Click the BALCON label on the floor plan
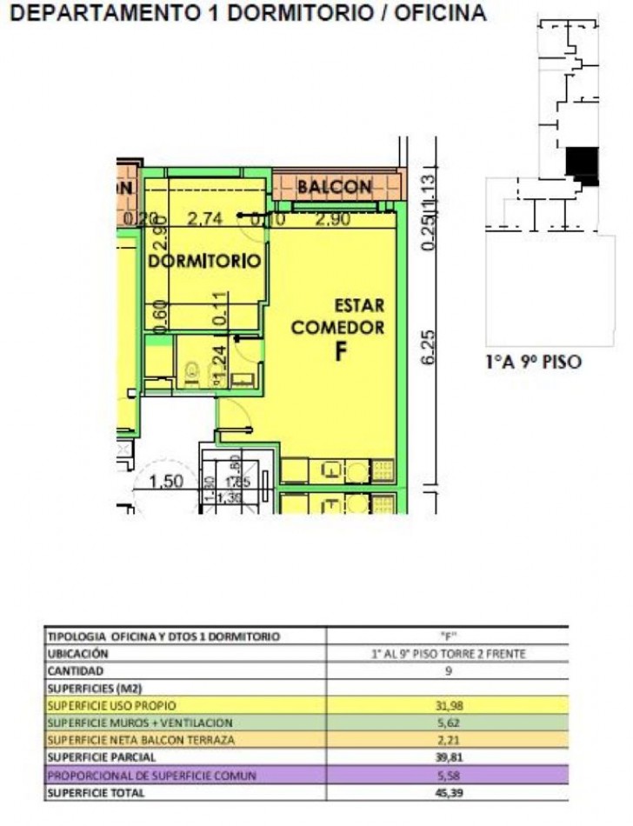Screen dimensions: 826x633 335,187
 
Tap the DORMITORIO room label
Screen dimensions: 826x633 205,261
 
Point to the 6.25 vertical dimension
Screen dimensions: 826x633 427,349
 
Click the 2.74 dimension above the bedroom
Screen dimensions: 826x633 205,220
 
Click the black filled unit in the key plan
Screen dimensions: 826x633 582,163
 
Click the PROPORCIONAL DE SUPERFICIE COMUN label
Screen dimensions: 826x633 151,776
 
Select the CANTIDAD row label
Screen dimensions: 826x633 76,670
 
